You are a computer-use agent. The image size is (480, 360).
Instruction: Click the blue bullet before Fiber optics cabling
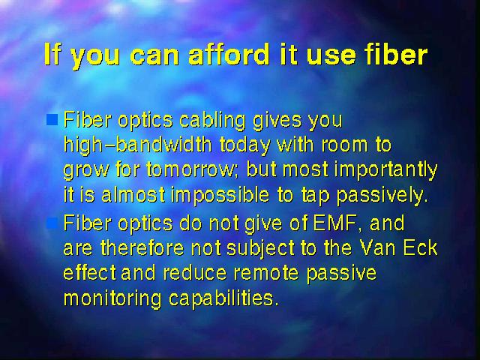[52, 120]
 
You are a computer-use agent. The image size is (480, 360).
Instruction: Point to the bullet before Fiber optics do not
[52, 223]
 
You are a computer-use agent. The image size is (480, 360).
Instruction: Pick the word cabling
[212, 120]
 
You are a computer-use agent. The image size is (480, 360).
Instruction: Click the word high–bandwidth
[137, 145]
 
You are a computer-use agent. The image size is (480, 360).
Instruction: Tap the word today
[245, 145]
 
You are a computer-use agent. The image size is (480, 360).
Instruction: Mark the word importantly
[385, 170]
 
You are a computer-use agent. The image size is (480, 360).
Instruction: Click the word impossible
[220, 195]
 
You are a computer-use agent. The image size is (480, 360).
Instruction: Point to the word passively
[382, 196]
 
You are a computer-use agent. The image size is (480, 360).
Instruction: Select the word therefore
[142, 247]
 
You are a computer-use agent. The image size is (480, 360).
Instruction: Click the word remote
[266, 273]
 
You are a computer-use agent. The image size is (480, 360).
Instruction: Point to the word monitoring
[112, 298]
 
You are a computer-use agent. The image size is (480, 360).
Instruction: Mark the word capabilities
[223, 298]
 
